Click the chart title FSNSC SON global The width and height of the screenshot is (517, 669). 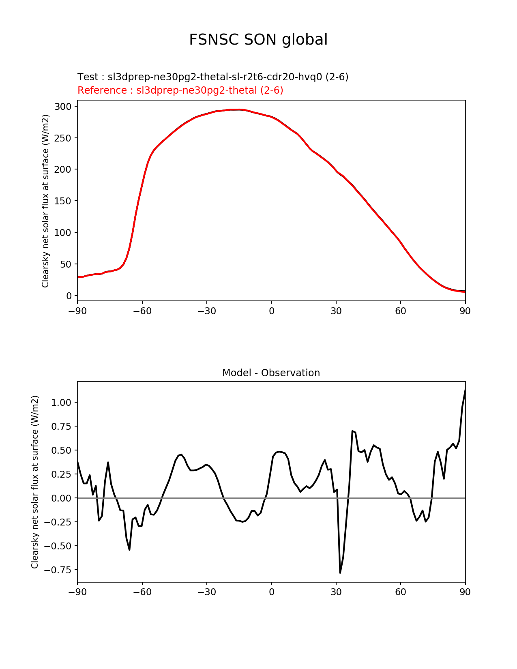pos(258,40)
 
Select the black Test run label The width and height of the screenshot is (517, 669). pos(213,77)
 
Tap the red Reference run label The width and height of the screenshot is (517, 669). pos(180,90)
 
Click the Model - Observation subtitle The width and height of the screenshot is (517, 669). pos(271,373)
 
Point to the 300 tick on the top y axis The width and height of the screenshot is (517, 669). pos(63,107)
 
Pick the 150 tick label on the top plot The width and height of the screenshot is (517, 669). pos(63,201)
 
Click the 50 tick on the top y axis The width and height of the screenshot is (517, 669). pos(66,264)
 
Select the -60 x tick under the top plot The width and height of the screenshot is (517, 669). pos(142,311)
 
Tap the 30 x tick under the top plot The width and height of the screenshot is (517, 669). pos(336,311)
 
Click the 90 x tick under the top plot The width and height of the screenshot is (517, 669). pos(465,311)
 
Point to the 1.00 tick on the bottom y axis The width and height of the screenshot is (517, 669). pos(61,403)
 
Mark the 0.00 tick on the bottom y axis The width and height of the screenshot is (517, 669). pos(61,498)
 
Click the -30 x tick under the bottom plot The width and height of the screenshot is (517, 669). pos(206,592)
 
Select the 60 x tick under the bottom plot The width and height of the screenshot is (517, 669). pos(401,592)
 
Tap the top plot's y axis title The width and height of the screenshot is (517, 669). pos(45,201)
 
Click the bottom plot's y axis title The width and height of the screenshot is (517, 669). pos(35,482)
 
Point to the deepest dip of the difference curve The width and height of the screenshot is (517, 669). pos(340,573)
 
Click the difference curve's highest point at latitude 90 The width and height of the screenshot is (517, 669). pos(465,390)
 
